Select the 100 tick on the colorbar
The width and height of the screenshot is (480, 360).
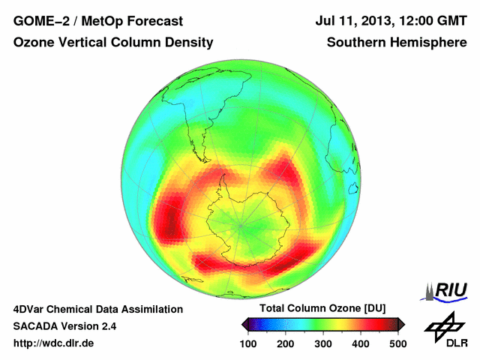pyautogui.click(x=248, y=343)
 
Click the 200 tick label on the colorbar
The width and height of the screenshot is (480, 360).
pyautogui.click(x=286, y=343)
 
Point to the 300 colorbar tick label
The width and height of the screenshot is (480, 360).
pyautogui.click(x=323, y=343)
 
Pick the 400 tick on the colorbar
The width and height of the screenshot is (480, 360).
pyautogui.click(x=361, y=343)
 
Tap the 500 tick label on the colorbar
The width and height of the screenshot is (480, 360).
pyautogui.click(x=397, y=343)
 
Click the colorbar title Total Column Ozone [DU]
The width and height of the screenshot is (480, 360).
pyautogui.click(x=322, y=309)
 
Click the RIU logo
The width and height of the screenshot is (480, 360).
pyautogui.click(x=447, y=290)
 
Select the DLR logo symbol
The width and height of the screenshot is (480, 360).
pyautogui.click(x=444, y=325)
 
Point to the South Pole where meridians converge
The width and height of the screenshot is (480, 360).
pyautogui.click(x=241, y=223)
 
